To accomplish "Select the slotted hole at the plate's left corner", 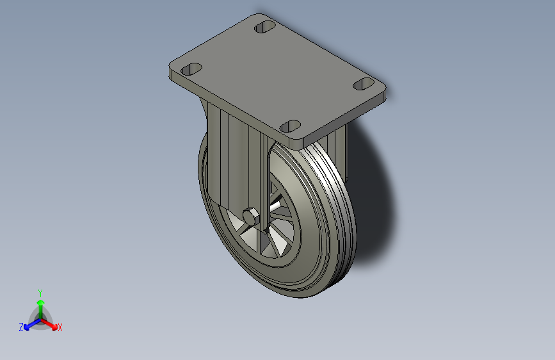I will point(191,69).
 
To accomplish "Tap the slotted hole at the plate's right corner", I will point(364,83).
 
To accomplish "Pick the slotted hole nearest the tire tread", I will point(291,126).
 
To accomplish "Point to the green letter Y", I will point(40,291).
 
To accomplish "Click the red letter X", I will point(60,328).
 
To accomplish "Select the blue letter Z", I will point(21,327).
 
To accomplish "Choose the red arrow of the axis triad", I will point(51,324).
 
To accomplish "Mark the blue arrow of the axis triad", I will point(29,325).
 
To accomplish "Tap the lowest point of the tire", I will point(301,297).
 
